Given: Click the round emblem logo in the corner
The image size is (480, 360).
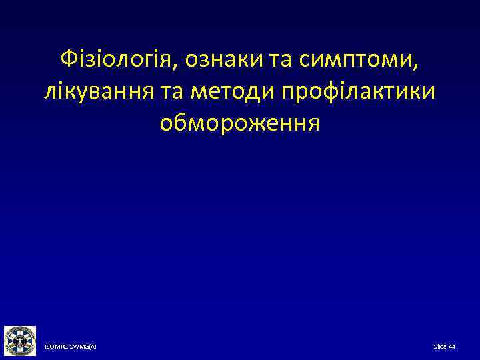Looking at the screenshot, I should point(20,341).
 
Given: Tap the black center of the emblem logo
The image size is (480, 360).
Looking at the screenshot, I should point(20,341).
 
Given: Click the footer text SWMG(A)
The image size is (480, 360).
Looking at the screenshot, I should point(83,347).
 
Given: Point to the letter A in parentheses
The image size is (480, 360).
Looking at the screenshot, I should point(92,347).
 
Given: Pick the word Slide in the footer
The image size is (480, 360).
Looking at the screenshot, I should point(440,347).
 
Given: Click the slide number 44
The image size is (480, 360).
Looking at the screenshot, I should point(452,347).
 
